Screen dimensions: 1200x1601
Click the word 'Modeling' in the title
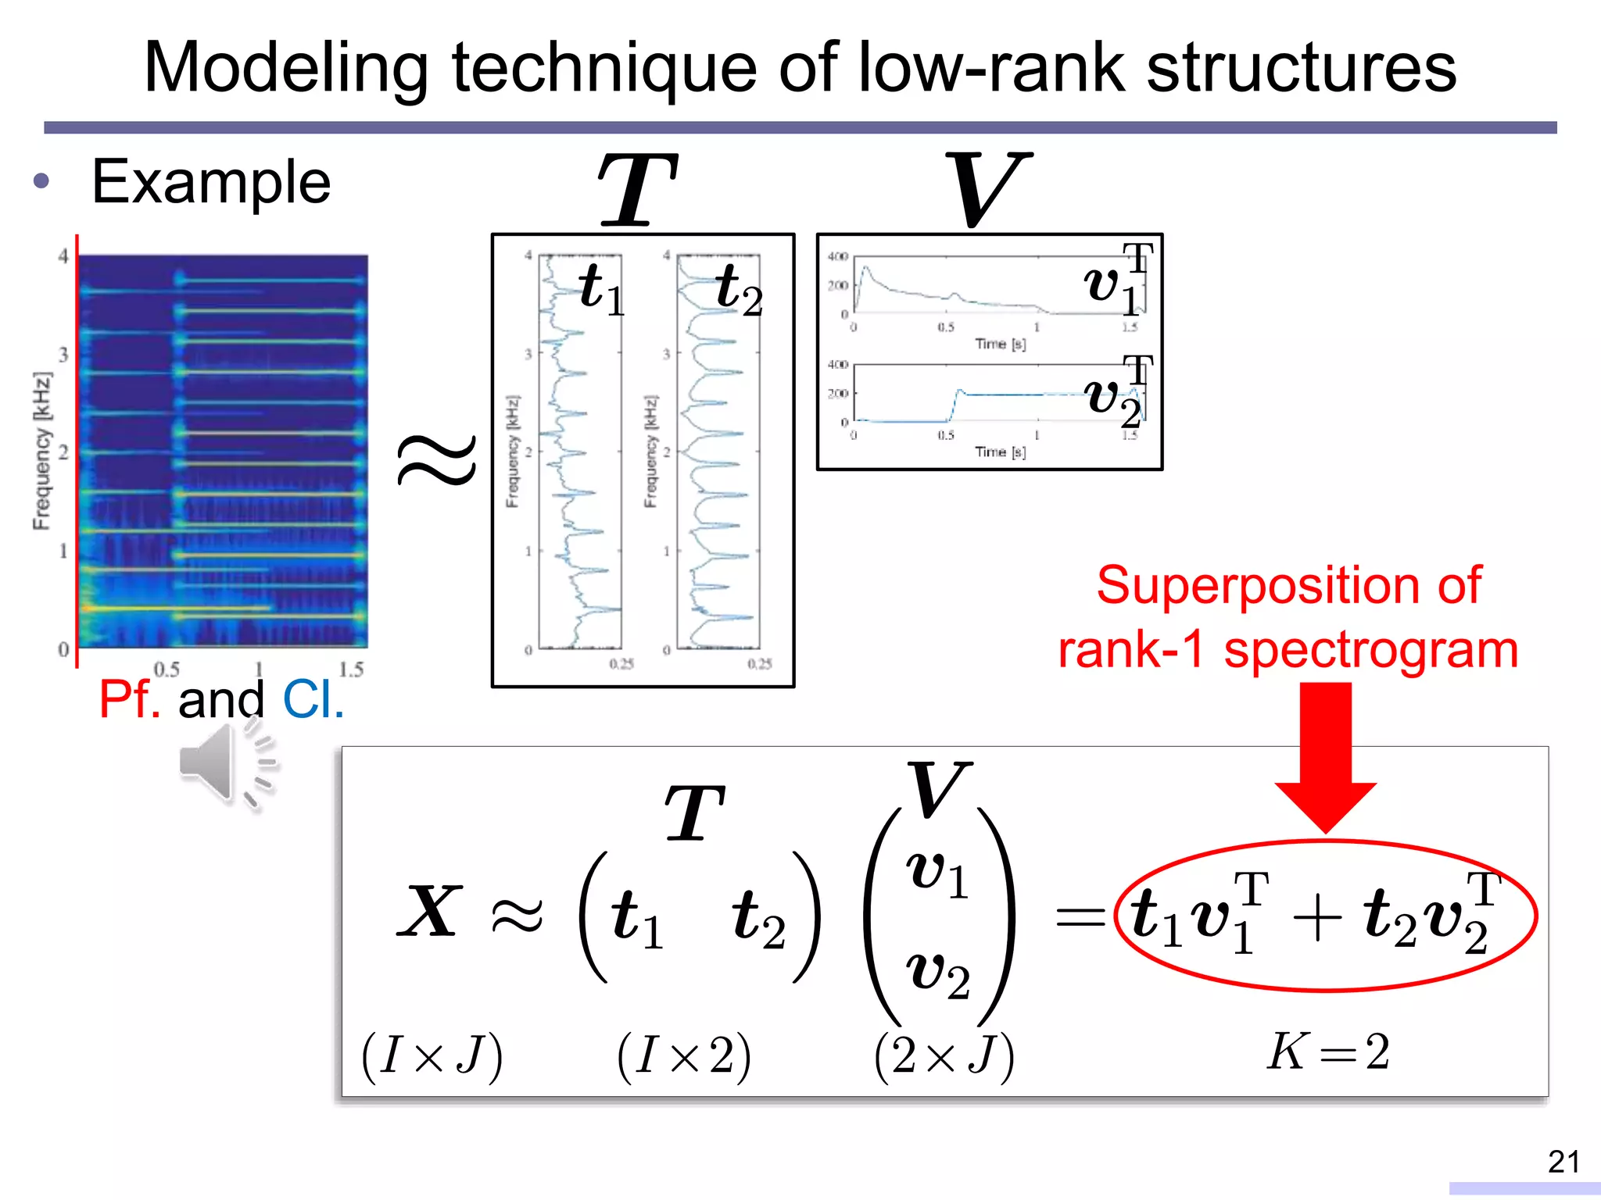point(286,69)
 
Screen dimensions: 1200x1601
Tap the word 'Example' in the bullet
point(211,182)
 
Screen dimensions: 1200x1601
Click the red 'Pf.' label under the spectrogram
point(130,699)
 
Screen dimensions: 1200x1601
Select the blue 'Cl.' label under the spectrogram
point(313,699)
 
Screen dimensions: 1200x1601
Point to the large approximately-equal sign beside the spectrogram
point(436,461)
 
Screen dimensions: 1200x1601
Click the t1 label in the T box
point(600,289)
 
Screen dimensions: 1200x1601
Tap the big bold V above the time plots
point(987,190)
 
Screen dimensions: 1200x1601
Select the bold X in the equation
point(429,912)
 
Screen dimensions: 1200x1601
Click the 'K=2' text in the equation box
point(1327,1052)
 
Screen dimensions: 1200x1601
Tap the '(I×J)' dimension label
point(432,1056)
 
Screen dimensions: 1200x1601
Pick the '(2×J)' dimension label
point(944,1056)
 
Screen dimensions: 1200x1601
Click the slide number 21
point(1563,1162)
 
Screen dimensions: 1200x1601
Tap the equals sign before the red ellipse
point(1081,916)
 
